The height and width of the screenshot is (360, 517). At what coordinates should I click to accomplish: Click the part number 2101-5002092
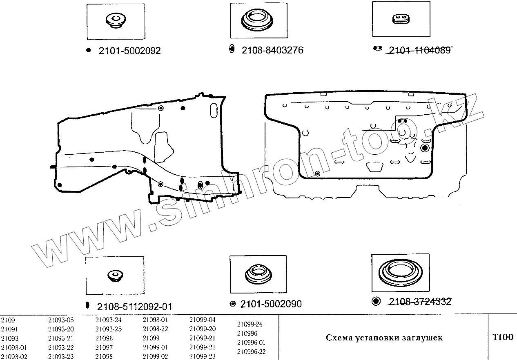(x=129, y=51)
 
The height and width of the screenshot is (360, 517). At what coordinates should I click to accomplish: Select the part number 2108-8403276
(x=272, y=50)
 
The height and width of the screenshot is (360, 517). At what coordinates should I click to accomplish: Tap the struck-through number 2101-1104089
(x=419, y=50)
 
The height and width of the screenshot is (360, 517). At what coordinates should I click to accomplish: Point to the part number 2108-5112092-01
(x=134, y=307)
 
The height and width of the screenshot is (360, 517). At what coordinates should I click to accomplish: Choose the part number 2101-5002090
(x=271, y=304)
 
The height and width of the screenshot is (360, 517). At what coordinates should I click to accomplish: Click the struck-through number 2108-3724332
(x=420, y=302)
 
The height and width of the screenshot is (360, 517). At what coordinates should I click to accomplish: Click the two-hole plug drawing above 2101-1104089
(x=401, y=19)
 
